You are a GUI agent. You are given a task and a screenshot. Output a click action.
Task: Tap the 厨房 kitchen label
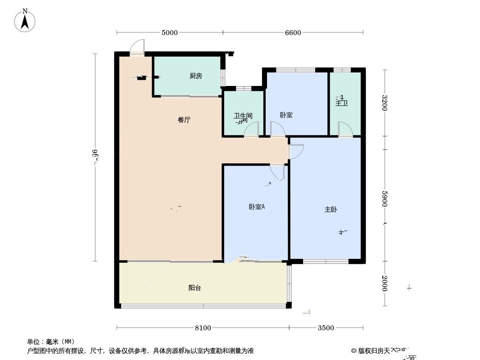pos(195,76)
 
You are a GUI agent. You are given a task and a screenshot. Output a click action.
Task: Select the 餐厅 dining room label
pos(184,120)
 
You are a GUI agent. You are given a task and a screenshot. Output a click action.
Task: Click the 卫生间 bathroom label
pos(243,116)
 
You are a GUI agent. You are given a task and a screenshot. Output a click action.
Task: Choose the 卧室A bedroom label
pos(257,207)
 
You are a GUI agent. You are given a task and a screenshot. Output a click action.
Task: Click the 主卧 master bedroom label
pos(331,209)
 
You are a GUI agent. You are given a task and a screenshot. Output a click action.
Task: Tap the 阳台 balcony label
pos(195,288)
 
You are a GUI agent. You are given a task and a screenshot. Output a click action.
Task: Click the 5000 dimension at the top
pos(169,32)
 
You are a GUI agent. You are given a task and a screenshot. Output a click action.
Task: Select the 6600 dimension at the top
pos(293,32)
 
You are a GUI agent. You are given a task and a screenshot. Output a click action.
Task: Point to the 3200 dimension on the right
pos(384,103)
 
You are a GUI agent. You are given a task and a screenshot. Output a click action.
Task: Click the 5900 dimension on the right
pos(384,199)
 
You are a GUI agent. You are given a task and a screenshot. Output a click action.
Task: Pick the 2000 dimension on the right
pos(384,283)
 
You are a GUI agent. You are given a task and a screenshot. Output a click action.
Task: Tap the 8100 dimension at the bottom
pos(203,328)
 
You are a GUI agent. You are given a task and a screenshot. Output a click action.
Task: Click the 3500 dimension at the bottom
pos(326,328)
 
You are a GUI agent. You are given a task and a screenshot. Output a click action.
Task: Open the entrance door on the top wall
pos(137,48)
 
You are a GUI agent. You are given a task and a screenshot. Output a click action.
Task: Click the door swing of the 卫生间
pos(251,130)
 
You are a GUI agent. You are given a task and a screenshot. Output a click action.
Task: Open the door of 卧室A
pos(277,172)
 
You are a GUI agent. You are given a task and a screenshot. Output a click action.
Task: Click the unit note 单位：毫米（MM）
pos(50,342)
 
